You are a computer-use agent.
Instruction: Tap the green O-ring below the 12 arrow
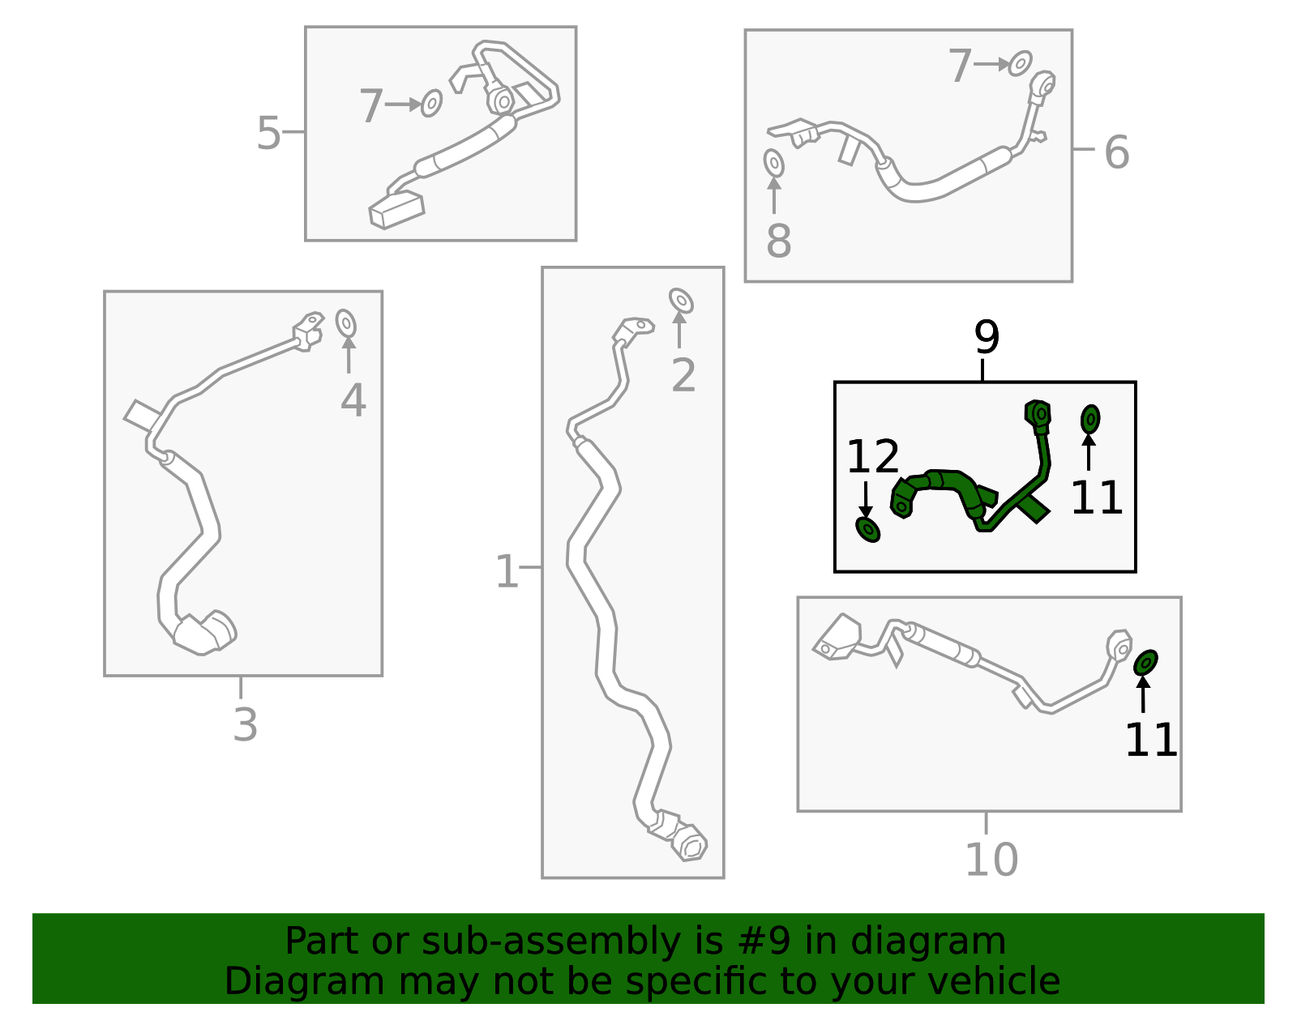pos(868,529)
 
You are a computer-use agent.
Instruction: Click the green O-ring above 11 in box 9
pos(1090,420)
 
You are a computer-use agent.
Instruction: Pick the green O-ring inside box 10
pos(1145,663)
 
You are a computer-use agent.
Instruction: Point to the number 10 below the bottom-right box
pos(991,860)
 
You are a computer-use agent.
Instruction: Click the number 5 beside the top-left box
pos(268,134)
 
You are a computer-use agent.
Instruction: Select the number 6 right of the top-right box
pos(1116,152)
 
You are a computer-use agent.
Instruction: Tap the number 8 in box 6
pos(778,241)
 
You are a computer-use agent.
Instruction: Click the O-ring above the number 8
pos(774,164)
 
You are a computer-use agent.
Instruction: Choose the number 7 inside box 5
pos(370,106)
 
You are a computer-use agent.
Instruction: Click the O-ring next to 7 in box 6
pos(1021,63)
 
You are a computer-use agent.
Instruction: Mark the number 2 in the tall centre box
pos(683,375)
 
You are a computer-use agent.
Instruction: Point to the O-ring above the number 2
pos(681,301)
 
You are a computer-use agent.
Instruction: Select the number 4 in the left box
pos(353,400)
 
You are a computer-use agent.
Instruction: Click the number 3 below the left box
pos(245,724)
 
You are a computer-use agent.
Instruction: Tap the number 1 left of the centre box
pos(507,572)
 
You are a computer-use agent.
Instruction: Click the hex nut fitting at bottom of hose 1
pos(691,844)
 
